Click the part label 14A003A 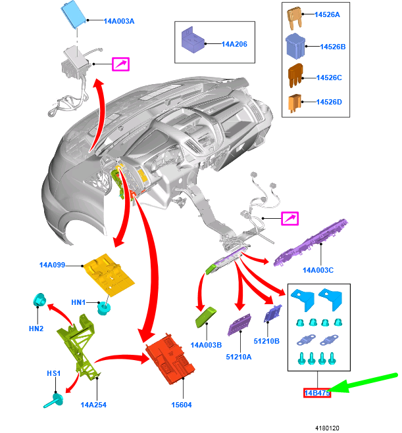[x=119, y=21]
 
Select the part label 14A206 [x=234, y=44]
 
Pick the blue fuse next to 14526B [x=294, y=47]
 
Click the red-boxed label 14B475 [x=316, y=393]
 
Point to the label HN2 [x=36, y=328]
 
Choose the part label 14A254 [x=94, y=405]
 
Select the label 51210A [x=239, y=357]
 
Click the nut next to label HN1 [x=102, y=306]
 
